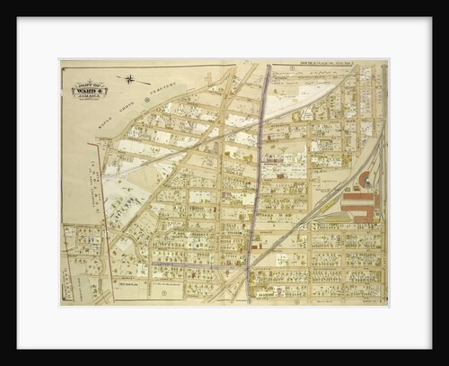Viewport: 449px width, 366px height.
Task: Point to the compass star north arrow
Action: pos(131,79)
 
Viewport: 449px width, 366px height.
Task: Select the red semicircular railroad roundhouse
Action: pos(363,180)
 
